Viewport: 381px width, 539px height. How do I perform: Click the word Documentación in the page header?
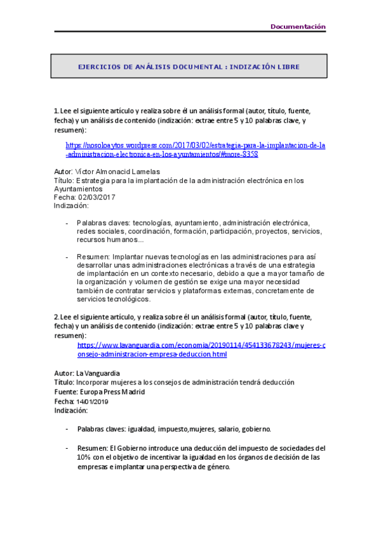pos(298,27)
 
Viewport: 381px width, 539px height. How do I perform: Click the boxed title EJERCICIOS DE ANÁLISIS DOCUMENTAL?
pos(189,66)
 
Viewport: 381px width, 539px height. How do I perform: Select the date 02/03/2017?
pos(95,197)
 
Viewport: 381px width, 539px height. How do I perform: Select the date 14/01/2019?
pos(93,402)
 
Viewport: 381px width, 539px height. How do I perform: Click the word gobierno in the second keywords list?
pos(255,429)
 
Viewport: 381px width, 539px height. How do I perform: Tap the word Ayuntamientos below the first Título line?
pos(77,189)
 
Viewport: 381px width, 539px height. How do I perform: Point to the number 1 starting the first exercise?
pos(56,111)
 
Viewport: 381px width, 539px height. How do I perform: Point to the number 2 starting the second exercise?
pos(56,317)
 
